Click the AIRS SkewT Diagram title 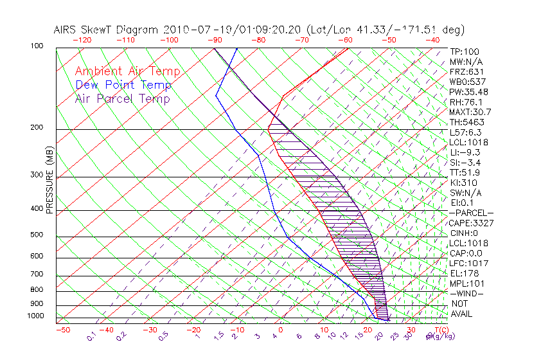[259, 30]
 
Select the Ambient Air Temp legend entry [127, 71]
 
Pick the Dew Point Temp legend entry [123, 85]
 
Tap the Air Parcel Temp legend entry [123, 98]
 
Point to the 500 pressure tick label [37, 235]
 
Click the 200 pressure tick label [37, 127]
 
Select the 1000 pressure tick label [35, 316]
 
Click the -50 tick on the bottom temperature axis [62, 330]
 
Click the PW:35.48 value [468, 92]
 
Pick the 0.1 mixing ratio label [91, 336]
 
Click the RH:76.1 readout [466, 102]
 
